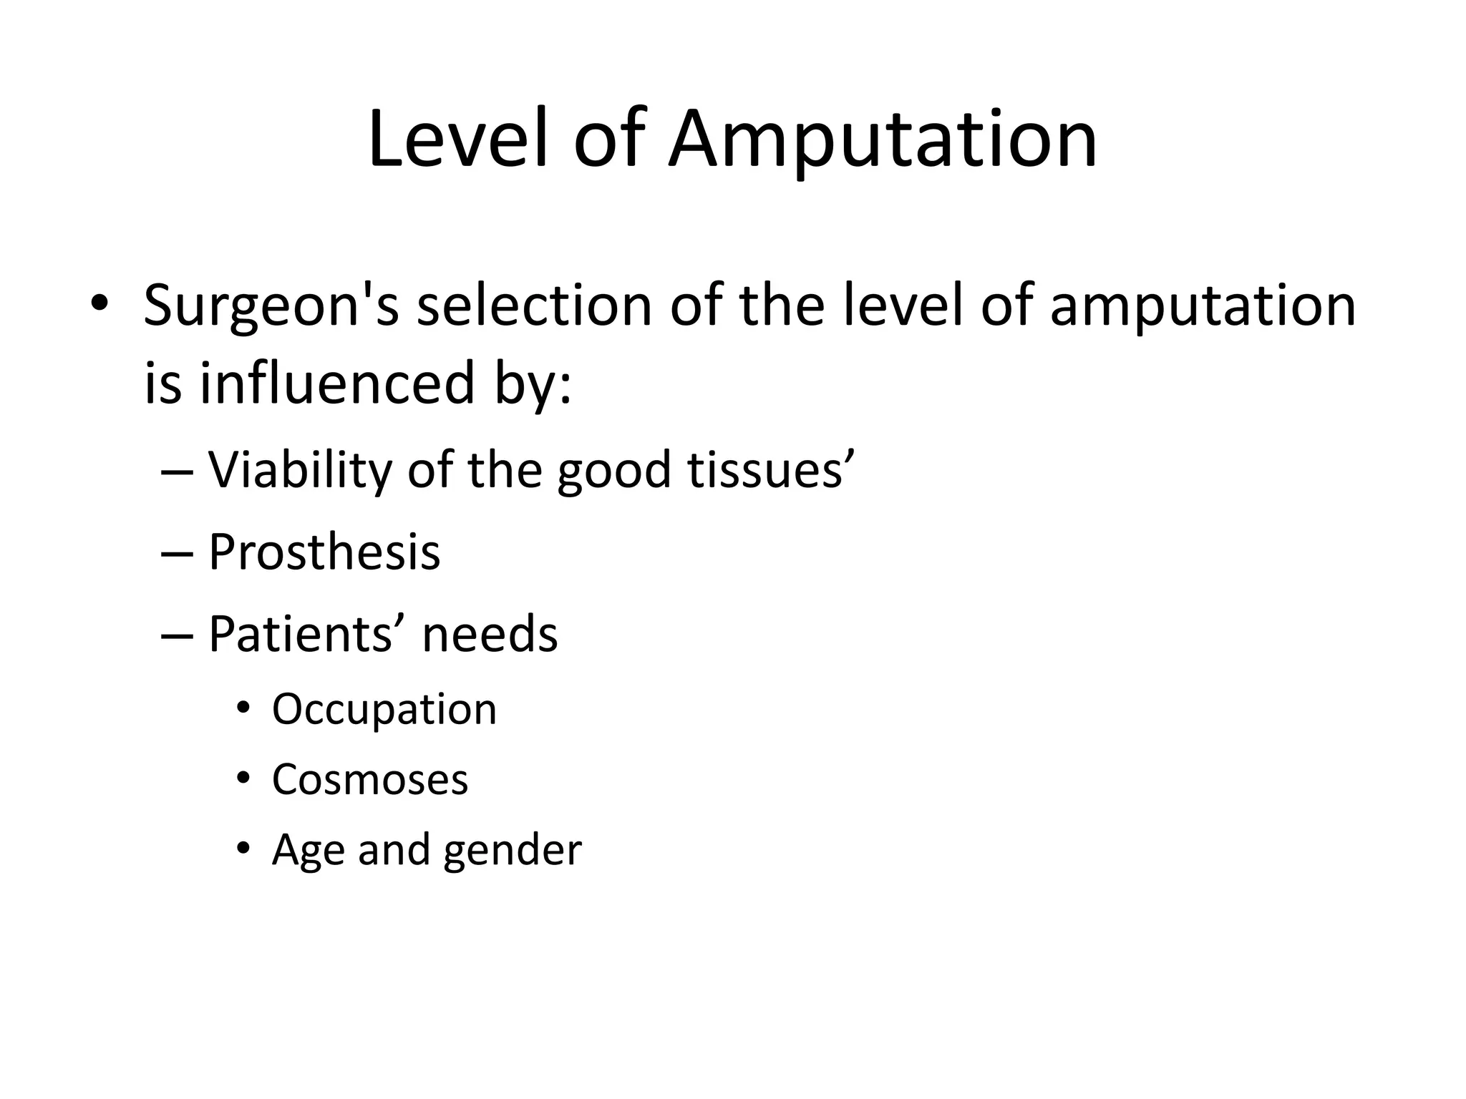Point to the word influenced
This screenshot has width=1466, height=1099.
point(337,383)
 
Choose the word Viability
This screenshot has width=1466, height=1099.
point(300,471)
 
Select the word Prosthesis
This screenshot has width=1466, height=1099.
point(324,552)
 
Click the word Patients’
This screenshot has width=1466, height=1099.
point(308,634)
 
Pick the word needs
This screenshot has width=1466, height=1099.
point(490,634)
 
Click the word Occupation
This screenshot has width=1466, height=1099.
point(384,710)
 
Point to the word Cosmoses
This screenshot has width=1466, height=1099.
point(369,779)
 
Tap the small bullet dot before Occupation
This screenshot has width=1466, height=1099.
point(243,709)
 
